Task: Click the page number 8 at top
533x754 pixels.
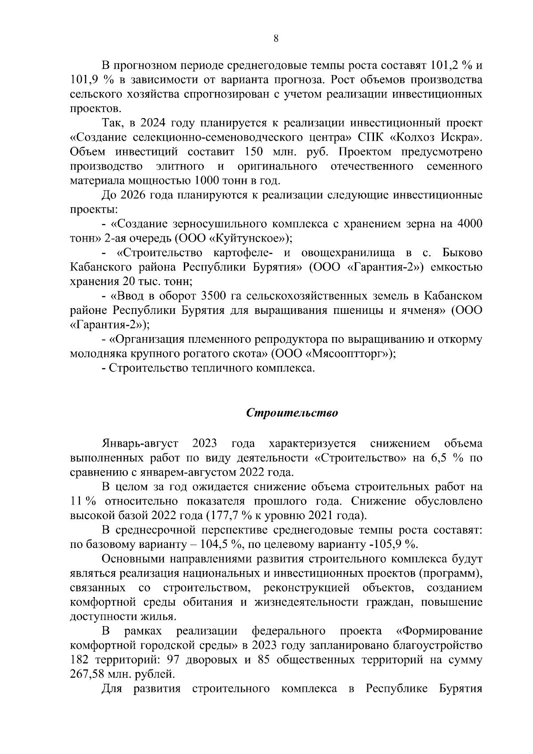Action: coord(276,39)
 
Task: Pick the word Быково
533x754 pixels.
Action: coord(462,253)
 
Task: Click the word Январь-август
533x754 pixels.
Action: coord(140,443)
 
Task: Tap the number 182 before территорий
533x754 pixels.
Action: coord(80,659)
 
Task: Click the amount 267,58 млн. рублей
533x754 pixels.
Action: coord(122,674)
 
